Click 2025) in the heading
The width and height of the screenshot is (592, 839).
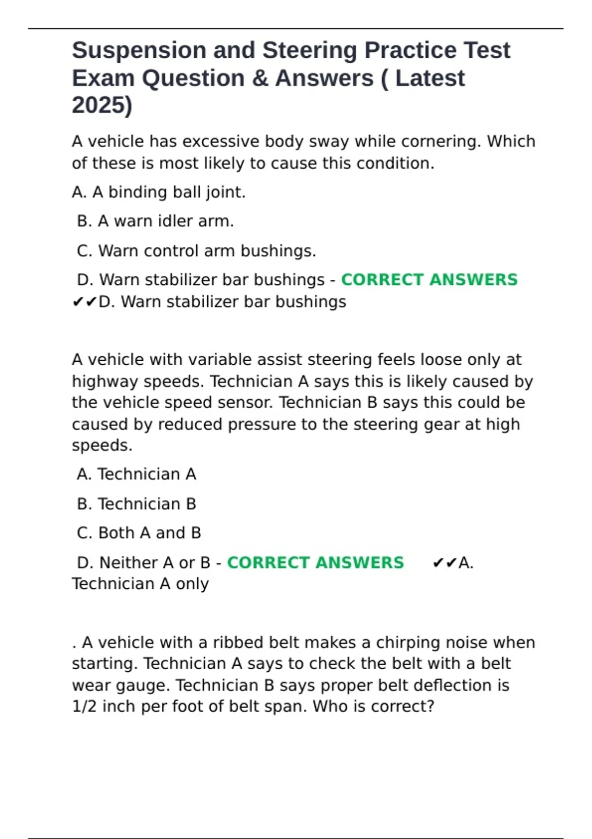pyautogui.click(x=102, y=105)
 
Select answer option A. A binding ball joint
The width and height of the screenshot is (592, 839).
pyautogui.click(x=158, y=192)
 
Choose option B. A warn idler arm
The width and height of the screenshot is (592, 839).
pyautogui.click(x=155, y=221)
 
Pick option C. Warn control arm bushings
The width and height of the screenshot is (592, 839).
pyautogui.click(x=196, y=251)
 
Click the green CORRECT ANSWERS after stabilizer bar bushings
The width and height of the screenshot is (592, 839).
pyautogui.click(x=429, y=280)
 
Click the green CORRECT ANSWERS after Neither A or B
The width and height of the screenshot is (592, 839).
pyautogui.click(x=315, y=563)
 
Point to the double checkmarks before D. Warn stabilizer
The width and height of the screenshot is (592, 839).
pyautogui.click(x=84, y=302)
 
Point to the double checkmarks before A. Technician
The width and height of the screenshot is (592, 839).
pyautogui.click(x=444, y=563)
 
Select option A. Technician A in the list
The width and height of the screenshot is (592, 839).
pyautogui.click(x=137, y=474)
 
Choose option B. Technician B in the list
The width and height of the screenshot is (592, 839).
pyautogui.click(x=137, y=504)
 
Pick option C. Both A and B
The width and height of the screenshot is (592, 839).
pyautogui.click(x=139, y=533)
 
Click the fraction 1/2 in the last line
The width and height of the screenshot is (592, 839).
pyautogui.click(x=84, y=707)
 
